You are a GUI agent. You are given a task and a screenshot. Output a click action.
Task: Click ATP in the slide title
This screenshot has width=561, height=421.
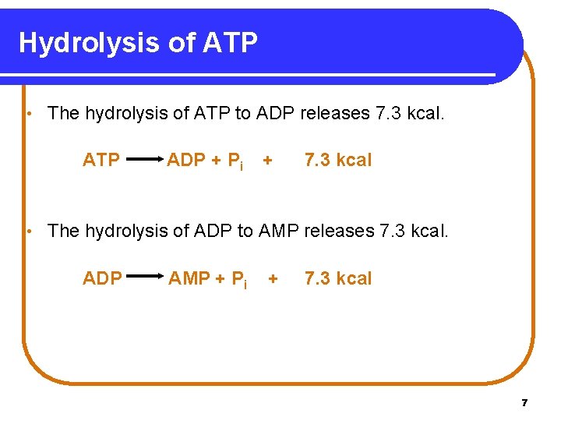[x=230, y=42]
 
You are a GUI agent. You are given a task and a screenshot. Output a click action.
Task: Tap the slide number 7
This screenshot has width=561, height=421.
[x=524, y=403]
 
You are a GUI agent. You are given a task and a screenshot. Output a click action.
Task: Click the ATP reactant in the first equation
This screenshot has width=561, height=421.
[x=101, y=161]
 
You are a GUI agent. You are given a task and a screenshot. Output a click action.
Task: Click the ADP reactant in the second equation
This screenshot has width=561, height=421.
[x=102, y=279]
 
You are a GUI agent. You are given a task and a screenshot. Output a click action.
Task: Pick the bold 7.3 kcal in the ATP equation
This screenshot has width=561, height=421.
[x=338, y=161]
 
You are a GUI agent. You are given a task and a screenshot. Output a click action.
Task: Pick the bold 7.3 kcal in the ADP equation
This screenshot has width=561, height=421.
[x=338, y=279]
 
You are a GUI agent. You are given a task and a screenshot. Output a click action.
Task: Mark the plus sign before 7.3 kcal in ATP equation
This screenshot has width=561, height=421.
[x=268, y=161]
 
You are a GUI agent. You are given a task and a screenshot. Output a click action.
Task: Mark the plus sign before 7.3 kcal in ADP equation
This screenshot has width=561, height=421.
[x=273, y=279]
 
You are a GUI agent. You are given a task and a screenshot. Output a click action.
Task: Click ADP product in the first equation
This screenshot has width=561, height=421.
[x=186, y=161]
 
